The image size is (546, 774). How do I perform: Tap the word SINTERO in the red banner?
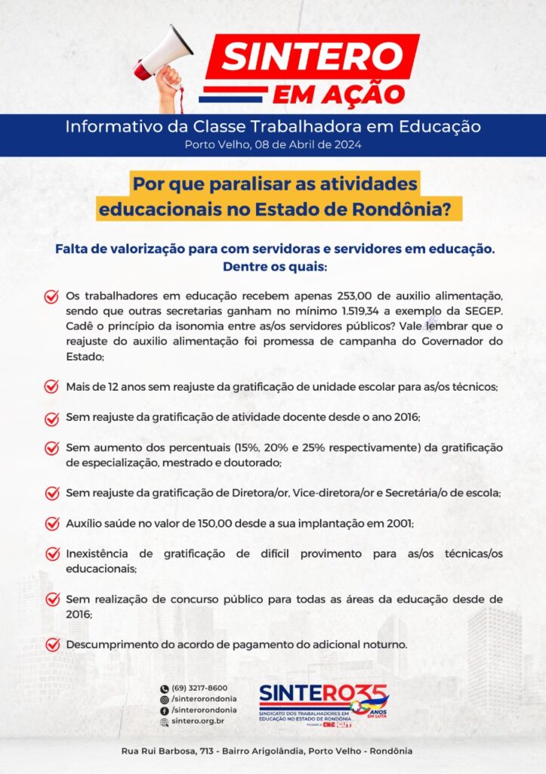pyautogui.click(x=311, y=57)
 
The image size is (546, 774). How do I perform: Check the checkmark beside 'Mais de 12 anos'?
pyautogui.click(x=51, y=386)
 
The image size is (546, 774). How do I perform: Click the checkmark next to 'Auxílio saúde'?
pyautogui.click(x=51, y=523)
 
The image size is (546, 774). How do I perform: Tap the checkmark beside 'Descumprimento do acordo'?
pyautogui.click(x=51, y=645)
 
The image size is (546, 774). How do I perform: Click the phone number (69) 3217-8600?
pyautogui.click(x=199, y=688)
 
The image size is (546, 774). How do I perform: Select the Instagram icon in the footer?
pyautogui.click(x=164, y=699)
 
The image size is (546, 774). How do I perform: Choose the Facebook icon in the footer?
pyautogui.click(x=164, y=711)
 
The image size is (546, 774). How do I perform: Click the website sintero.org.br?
pyautogui.click(x=198, y=722)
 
